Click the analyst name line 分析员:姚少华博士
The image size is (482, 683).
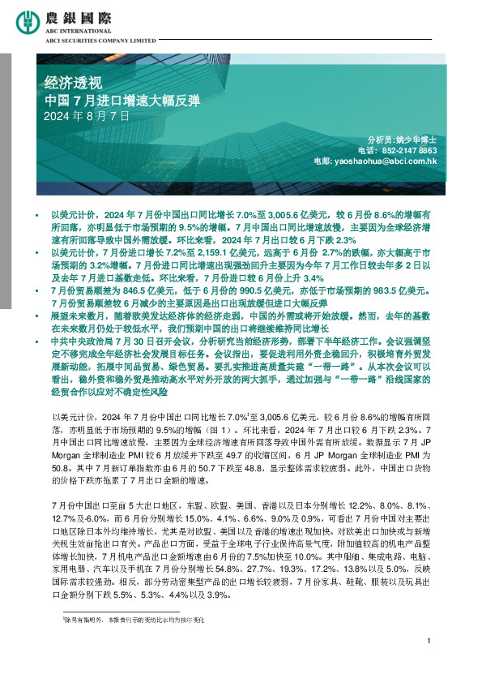[403, 140]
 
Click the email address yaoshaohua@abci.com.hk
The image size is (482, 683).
[386, 161]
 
